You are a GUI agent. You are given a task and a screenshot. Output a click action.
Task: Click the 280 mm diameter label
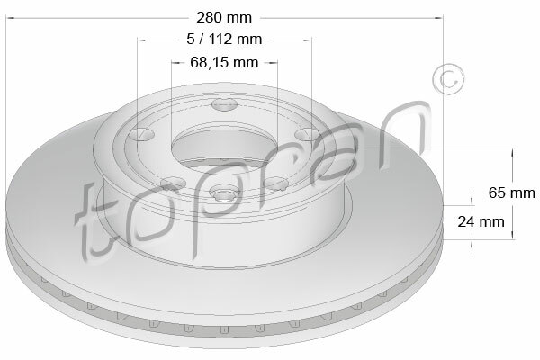(224, 18)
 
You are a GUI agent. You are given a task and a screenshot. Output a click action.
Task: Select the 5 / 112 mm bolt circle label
(224, 40)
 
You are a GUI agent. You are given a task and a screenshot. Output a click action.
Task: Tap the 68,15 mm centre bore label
(224, 62)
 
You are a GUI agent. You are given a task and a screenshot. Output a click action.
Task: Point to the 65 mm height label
(512, 193)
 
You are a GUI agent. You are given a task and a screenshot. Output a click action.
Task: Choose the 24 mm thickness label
(481, 221)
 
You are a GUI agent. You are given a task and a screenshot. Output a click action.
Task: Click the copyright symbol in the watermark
(448, 79)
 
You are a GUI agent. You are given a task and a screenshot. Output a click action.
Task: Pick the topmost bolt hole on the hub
(225, 104)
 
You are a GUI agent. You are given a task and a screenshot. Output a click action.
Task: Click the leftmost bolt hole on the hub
(139, 134)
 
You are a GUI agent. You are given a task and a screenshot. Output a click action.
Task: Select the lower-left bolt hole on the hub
(173, 182)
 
